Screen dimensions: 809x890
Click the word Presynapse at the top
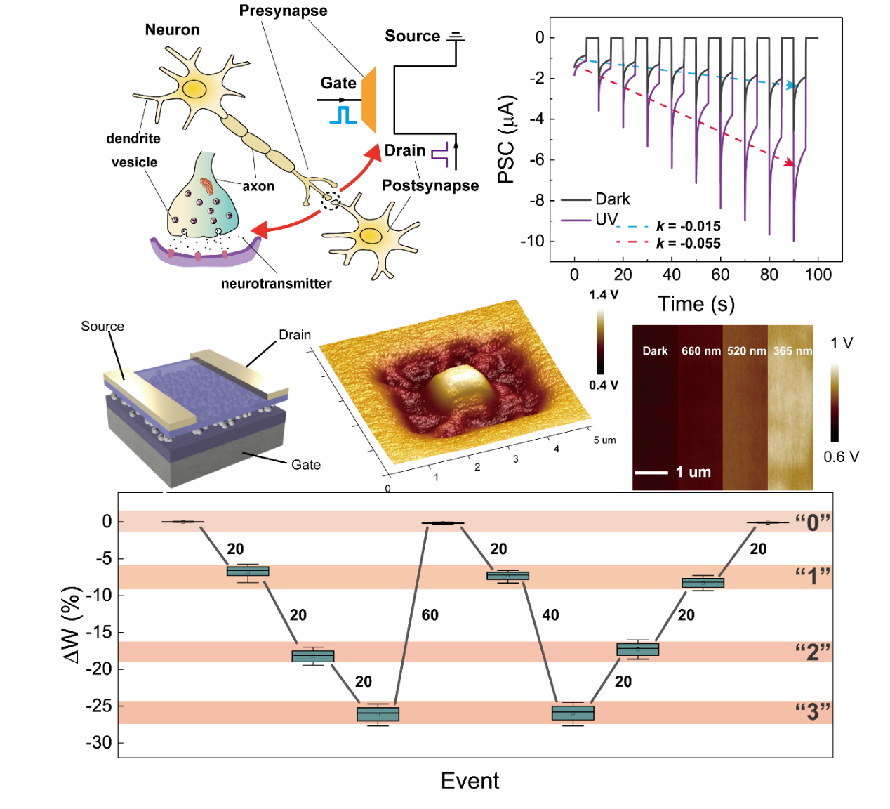click(283, 11)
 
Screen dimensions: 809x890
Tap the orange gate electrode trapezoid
click(369, 100)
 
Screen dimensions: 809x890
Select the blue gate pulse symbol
click(343, 115)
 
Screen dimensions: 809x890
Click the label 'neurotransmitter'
click(276, 284)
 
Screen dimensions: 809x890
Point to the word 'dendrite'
click(133, 138)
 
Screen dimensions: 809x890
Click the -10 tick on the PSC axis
click(532, 241)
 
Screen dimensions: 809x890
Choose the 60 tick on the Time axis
click(720, 275)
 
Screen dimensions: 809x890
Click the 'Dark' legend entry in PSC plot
click(612, 199)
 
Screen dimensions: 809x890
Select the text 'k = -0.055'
click(688, 244)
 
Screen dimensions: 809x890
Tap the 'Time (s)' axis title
click(696, 304)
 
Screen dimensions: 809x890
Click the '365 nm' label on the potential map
click(792, 350)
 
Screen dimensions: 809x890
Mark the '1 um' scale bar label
click(693, 472)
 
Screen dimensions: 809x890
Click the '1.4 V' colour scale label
click(604, 295)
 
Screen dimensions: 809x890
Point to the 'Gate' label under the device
click(306, 465)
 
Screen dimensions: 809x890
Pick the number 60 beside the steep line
click(430, 615)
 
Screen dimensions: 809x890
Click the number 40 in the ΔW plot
click(550, 615)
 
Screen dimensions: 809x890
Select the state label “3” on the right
click(813, 712)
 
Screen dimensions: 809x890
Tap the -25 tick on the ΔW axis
click(99, 706)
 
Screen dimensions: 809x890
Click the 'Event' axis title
click(470, 781)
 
